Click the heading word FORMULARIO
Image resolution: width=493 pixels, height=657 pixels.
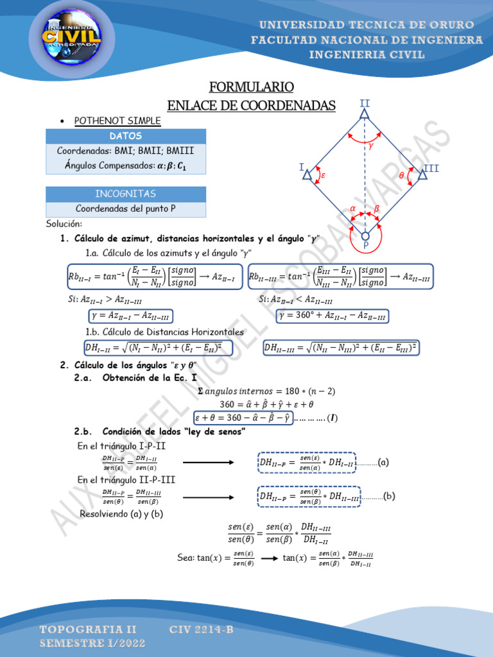tap(252, 87)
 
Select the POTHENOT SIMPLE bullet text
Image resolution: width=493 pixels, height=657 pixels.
tap(117, 121)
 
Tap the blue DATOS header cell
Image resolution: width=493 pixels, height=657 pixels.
tap(126, 136)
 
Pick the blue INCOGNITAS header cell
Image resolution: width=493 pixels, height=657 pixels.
tap(126, 194)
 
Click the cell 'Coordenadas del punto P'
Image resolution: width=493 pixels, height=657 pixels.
tap(126, 209)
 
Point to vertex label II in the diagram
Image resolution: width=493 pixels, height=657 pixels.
tap(365, 103)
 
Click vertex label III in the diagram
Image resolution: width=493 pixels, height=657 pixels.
tap(431, 169)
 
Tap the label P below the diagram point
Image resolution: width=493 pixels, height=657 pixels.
tap(365, 246)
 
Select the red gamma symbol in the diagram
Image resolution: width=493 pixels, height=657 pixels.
tap(371, 146)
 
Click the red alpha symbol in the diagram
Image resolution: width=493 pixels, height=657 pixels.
tap(352, 208)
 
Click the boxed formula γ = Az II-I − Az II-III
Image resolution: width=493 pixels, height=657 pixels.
tap(131, 316)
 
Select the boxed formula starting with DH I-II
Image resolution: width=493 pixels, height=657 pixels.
tap(158, 348)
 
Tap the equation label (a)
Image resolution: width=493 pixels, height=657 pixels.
tap(383, 462)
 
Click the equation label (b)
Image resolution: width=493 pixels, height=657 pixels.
tap(389, 495)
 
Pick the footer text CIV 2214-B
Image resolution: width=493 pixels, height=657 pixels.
tap(202, 630)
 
